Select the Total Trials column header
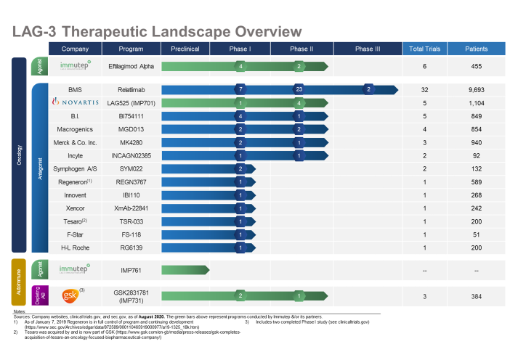(x=425, y=49)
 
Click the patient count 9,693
(x=477, y=90)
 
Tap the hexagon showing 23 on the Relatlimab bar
(x=299, y=90)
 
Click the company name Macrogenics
(x=75, y=129)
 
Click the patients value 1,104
(x=477, y=102)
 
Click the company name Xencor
(x=75, y=208)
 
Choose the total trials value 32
(x=425, y=90)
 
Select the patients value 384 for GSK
(x=477, y=296)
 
